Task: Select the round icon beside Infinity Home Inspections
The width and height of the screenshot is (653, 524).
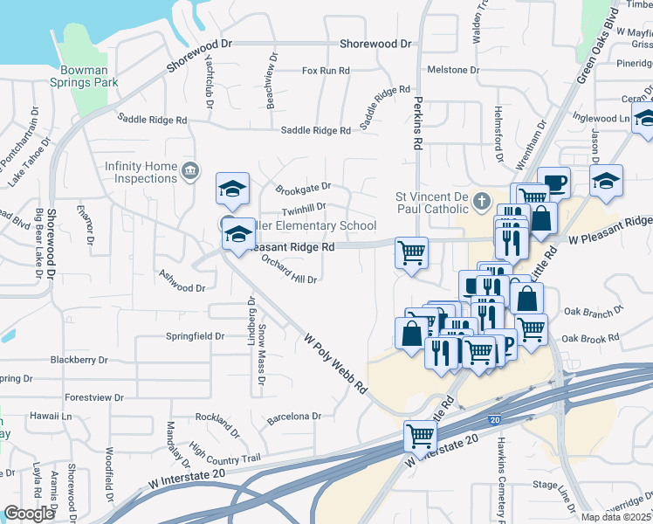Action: pos(189,169)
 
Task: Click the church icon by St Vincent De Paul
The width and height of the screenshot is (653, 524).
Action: pos(480,203)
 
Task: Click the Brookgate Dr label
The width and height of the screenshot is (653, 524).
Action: pos(303,187)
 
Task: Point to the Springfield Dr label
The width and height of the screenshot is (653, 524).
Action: pos(197,336)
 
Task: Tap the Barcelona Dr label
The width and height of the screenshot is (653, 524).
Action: pos(295,417)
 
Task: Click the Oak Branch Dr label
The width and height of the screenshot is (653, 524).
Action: pos(594,310)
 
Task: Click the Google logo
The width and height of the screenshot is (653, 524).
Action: pos(29,514)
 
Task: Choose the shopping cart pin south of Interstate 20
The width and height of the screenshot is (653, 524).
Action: pos(420,435)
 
